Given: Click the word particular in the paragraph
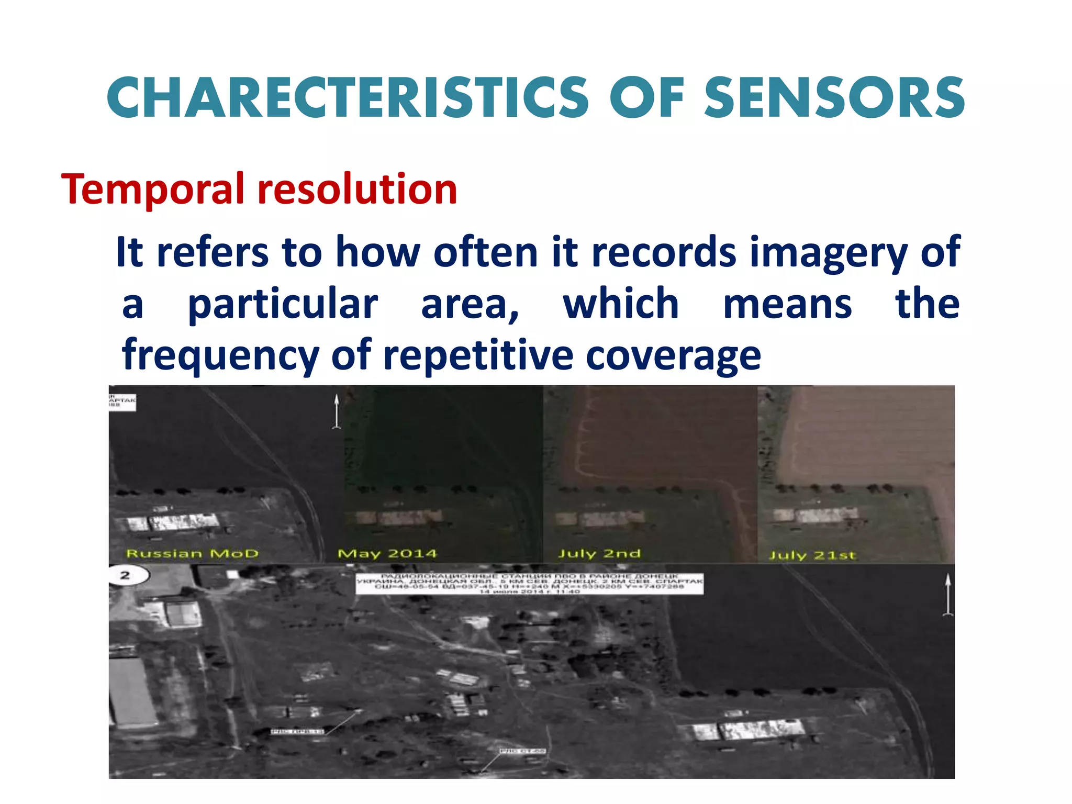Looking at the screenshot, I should coord(283,304).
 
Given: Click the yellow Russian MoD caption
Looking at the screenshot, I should coord(193,554).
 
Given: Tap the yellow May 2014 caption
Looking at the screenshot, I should coord(387,554).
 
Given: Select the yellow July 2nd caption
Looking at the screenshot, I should coord(599,554).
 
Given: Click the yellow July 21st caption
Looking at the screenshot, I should coord(812,555).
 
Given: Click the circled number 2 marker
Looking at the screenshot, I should coord(126,576).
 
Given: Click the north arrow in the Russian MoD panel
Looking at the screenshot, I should coord(337,412).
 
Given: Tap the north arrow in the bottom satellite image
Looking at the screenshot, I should coord(947,595).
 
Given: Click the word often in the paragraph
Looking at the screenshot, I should coord(485,252).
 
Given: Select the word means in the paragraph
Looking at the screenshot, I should coord(787,304).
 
